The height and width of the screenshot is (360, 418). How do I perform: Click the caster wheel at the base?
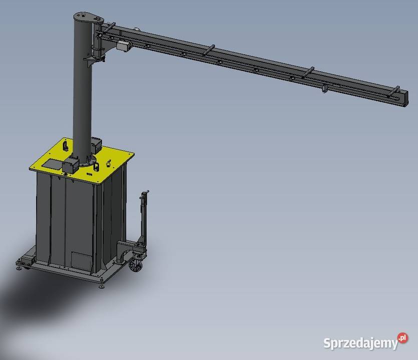136,265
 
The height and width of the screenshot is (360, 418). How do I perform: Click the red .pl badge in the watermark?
402,338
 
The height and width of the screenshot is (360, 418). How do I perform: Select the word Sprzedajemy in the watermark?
361,343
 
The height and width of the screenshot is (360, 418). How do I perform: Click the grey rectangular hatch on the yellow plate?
53,164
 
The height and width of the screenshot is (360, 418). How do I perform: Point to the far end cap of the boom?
404,99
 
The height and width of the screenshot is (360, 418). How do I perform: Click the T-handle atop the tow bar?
145,193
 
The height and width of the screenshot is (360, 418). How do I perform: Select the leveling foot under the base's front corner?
101,285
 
